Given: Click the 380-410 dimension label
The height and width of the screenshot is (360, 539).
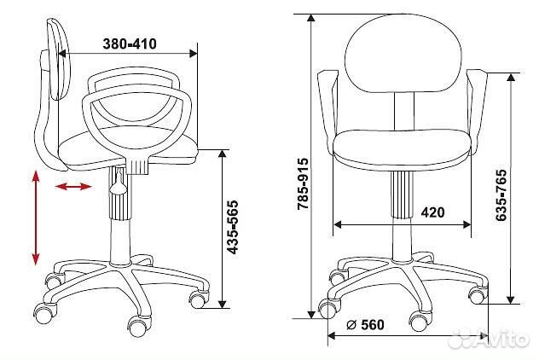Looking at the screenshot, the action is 130,44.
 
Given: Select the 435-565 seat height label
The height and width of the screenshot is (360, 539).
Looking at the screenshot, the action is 233,228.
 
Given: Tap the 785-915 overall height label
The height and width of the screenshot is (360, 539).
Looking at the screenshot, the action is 303,184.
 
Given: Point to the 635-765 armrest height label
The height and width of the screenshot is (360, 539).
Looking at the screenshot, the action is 501,195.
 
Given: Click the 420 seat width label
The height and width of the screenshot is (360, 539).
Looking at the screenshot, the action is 432,212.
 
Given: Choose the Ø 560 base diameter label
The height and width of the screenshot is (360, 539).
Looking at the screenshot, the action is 365,324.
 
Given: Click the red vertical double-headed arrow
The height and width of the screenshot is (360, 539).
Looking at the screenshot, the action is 36,218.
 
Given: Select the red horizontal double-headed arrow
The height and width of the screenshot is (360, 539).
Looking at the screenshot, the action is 73,187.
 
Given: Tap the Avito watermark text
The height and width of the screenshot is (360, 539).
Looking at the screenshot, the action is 491,339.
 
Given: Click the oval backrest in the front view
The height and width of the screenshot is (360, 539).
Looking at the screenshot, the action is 403,54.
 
